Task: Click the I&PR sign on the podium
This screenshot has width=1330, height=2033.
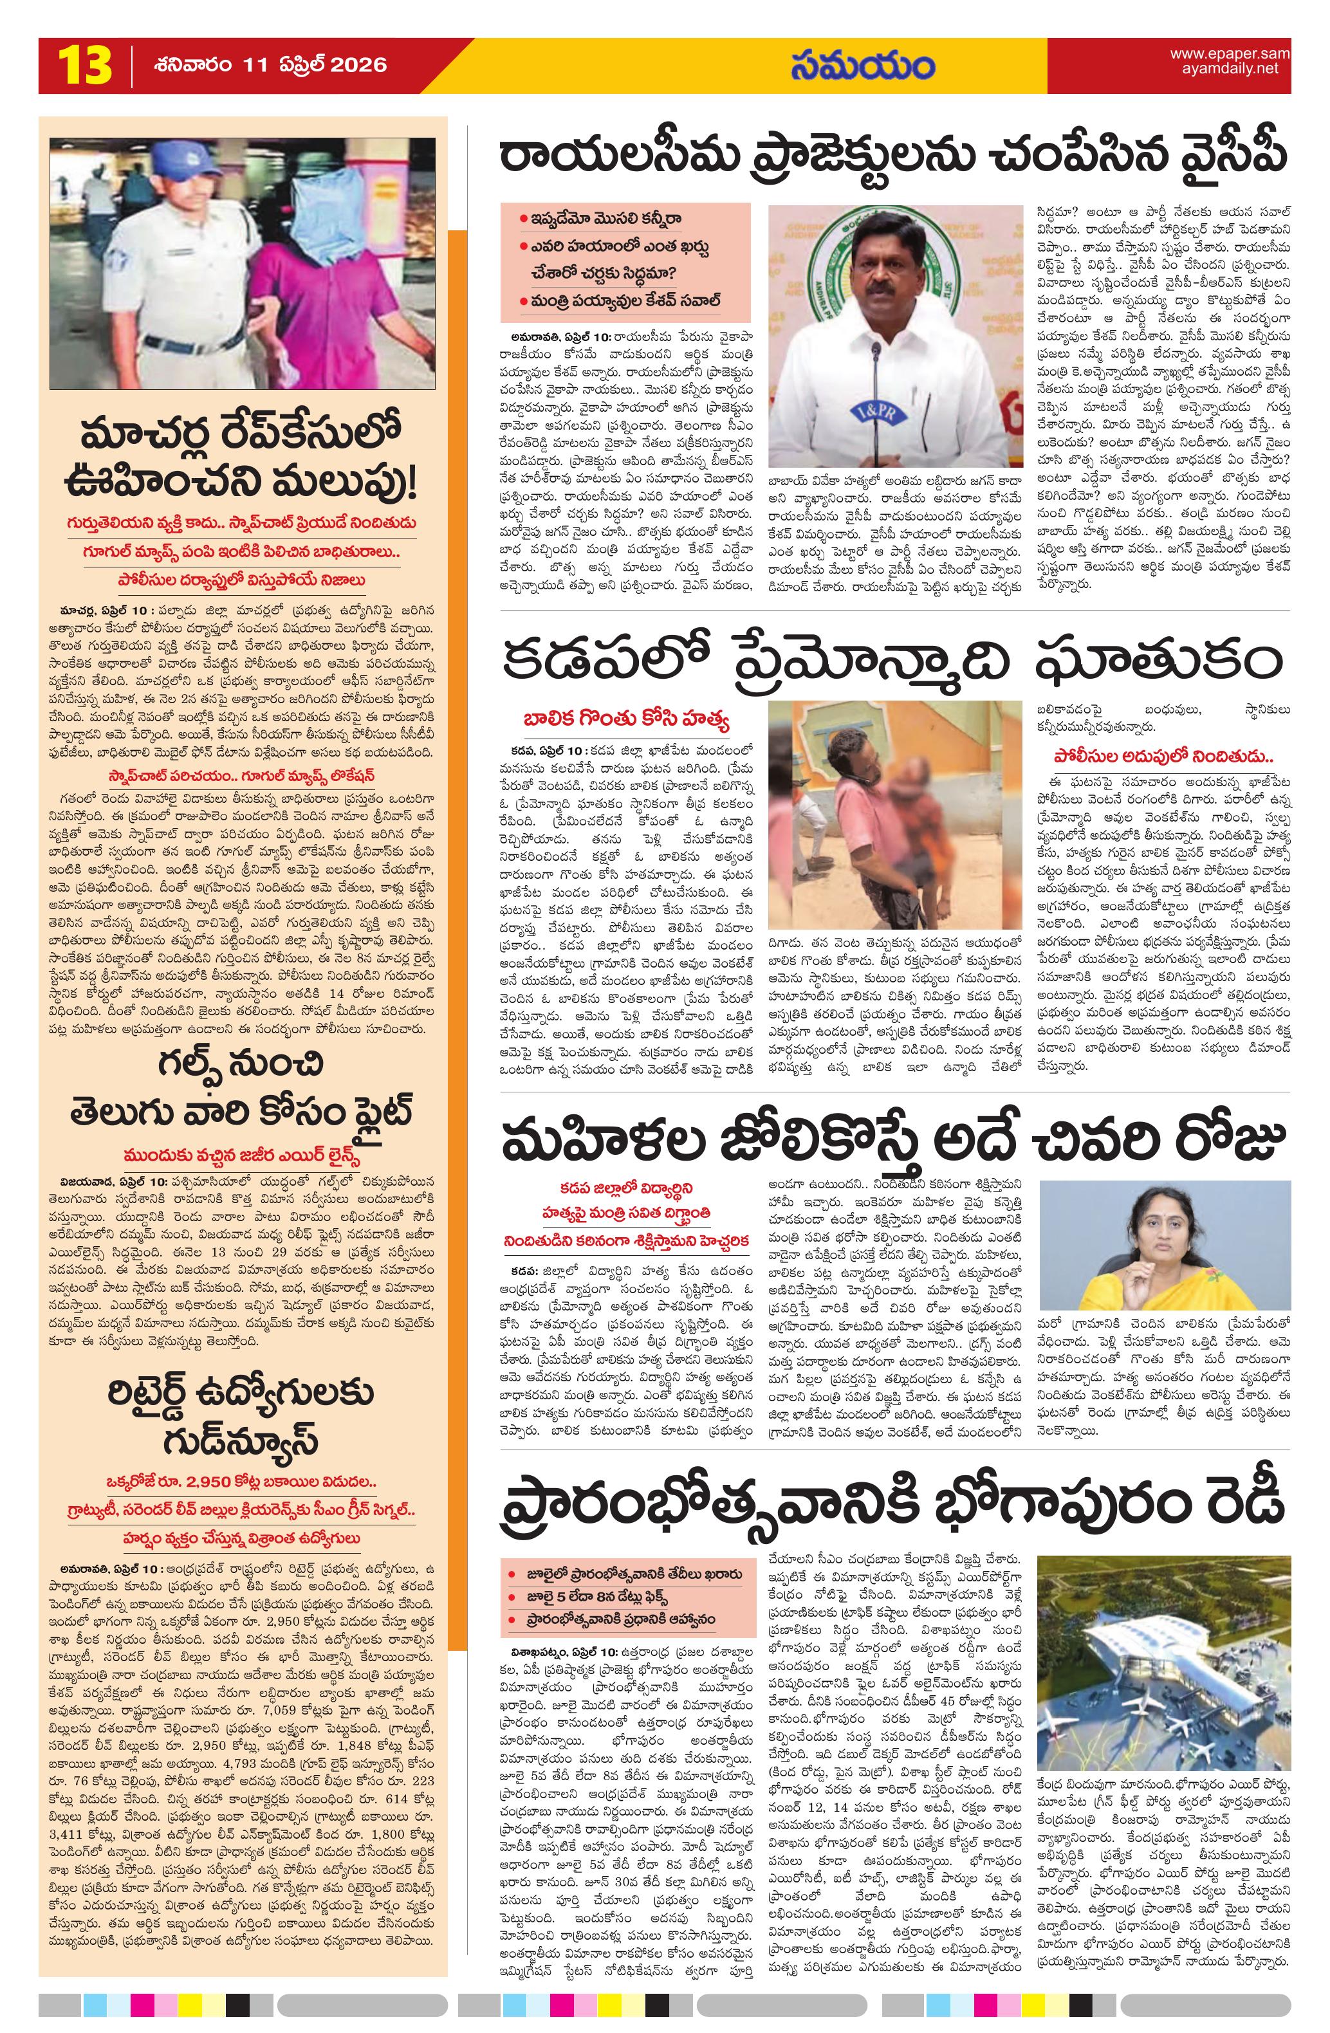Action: click(874, 411)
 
